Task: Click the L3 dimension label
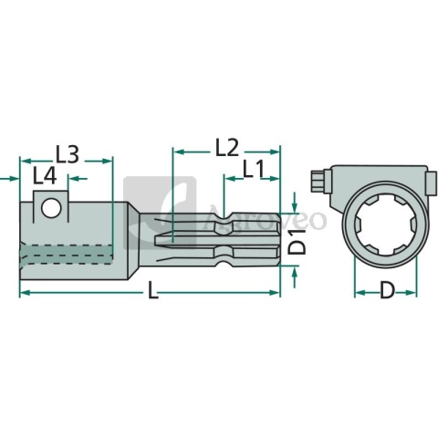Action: pyautogui.click(x=68, y=154)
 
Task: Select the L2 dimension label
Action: pyautogui.click(x=226, y=148)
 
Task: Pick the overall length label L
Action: pyautogui.click(x=152, y=290)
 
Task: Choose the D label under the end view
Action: pyautogui.click(x=387, y=290)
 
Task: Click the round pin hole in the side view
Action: pyautogui.click(x=51, y=208)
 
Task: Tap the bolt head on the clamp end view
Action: pyautogui.click(x=318, y=182)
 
